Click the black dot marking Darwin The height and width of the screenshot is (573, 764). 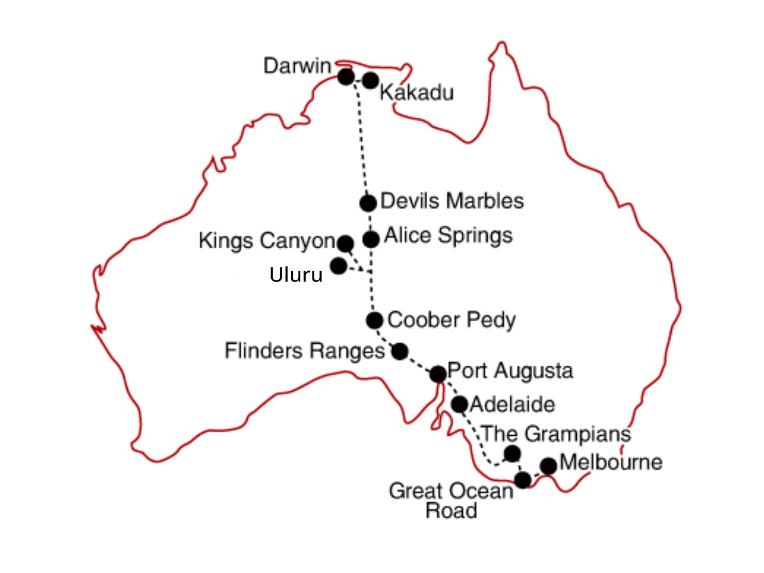click(346, 77)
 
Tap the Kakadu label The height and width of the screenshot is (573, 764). click(416, 93)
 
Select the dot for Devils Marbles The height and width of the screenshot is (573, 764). click(368, 202)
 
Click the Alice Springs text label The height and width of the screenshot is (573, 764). click(448, 235)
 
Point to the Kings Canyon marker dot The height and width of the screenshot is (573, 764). click(345, 243)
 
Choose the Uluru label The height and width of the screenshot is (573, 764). click(296, 275)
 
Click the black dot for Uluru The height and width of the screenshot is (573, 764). click(338, 265)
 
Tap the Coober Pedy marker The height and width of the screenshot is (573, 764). click(375, 320)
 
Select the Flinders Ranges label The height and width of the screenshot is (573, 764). click(305, 351)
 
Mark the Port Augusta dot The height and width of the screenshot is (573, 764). click(438, 374)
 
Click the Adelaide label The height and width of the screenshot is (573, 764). click(513, 404)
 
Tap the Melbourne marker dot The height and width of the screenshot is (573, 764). click(549, 466)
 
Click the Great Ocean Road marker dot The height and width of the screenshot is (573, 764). click(523, 480)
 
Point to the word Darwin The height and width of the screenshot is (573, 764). click(297, 66)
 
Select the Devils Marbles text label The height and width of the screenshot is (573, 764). click(452, 201)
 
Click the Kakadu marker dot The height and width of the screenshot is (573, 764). click(370, 81)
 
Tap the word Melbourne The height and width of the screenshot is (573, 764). click(611, 462)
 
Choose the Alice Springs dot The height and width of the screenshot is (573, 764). click(371, 239)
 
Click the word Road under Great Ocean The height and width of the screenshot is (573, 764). click(452, 510)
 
